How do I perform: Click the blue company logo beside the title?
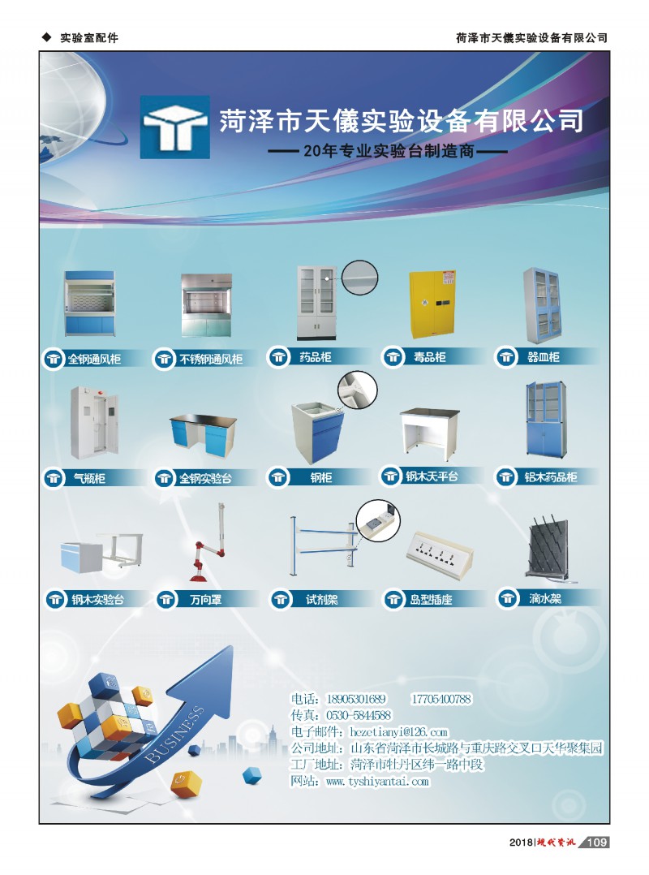(x=174, y=127)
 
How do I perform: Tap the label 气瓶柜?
(x=89, y=478)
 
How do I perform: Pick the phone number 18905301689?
(x=355, y=699)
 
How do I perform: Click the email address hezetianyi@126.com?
(x=398, y=731)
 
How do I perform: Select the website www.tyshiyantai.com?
(x=377, y=781)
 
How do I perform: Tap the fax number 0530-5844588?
(x=359, y=715)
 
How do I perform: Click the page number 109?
(x=596, y=842)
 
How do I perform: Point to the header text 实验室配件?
(x=89, y=38)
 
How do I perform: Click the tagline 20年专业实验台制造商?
(x=389, y=151)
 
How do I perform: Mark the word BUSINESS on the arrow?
(x=173, y=735)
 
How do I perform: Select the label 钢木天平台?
(x=432, y=476)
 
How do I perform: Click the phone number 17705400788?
(x=441, y=699)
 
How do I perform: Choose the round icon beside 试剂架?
(x=280, y=600)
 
